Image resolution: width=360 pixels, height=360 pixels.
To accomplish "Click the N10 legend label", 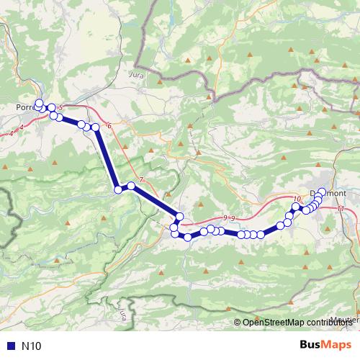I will coord(32,346).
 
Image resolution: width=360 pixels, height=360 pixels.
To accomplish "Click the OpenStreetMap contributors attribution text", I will coord(295,322).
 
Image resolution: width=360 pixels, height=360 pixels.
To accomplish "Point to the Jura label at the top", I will coord(135,74).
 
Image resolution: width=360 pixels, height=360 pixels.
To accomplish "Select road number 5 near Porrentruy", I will coord(60,108).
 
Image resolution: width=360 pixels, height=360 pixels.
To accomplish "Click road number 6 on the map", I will coord(109,126).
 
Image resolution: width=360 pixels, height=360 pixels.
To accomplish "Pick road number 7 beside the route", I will coord(141,179).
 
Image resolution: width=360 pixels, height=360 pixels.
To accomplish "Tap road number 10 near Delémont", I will coord(297,199).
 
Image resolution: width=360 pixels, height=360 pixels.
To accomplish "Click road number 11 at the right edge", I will coord(340,209).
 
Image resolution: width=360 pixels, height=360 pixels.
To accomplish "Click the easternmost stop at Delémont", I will coord(322,192).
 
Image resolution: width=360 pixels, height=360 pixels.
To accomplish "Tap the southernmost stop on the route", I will coord(188,237).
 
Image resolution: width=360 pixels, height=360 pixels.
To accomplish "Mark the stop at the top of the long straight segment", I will coord(94,127).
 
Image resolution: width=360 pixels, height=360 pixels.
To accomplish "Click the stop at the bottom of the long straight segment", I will coord(118,190).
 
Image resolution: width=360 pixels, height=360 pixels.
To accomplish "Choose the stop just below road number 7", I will coord(131,186).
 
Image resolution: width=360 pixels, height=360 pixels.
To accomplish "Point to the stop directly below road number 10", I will coord(295,207).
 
